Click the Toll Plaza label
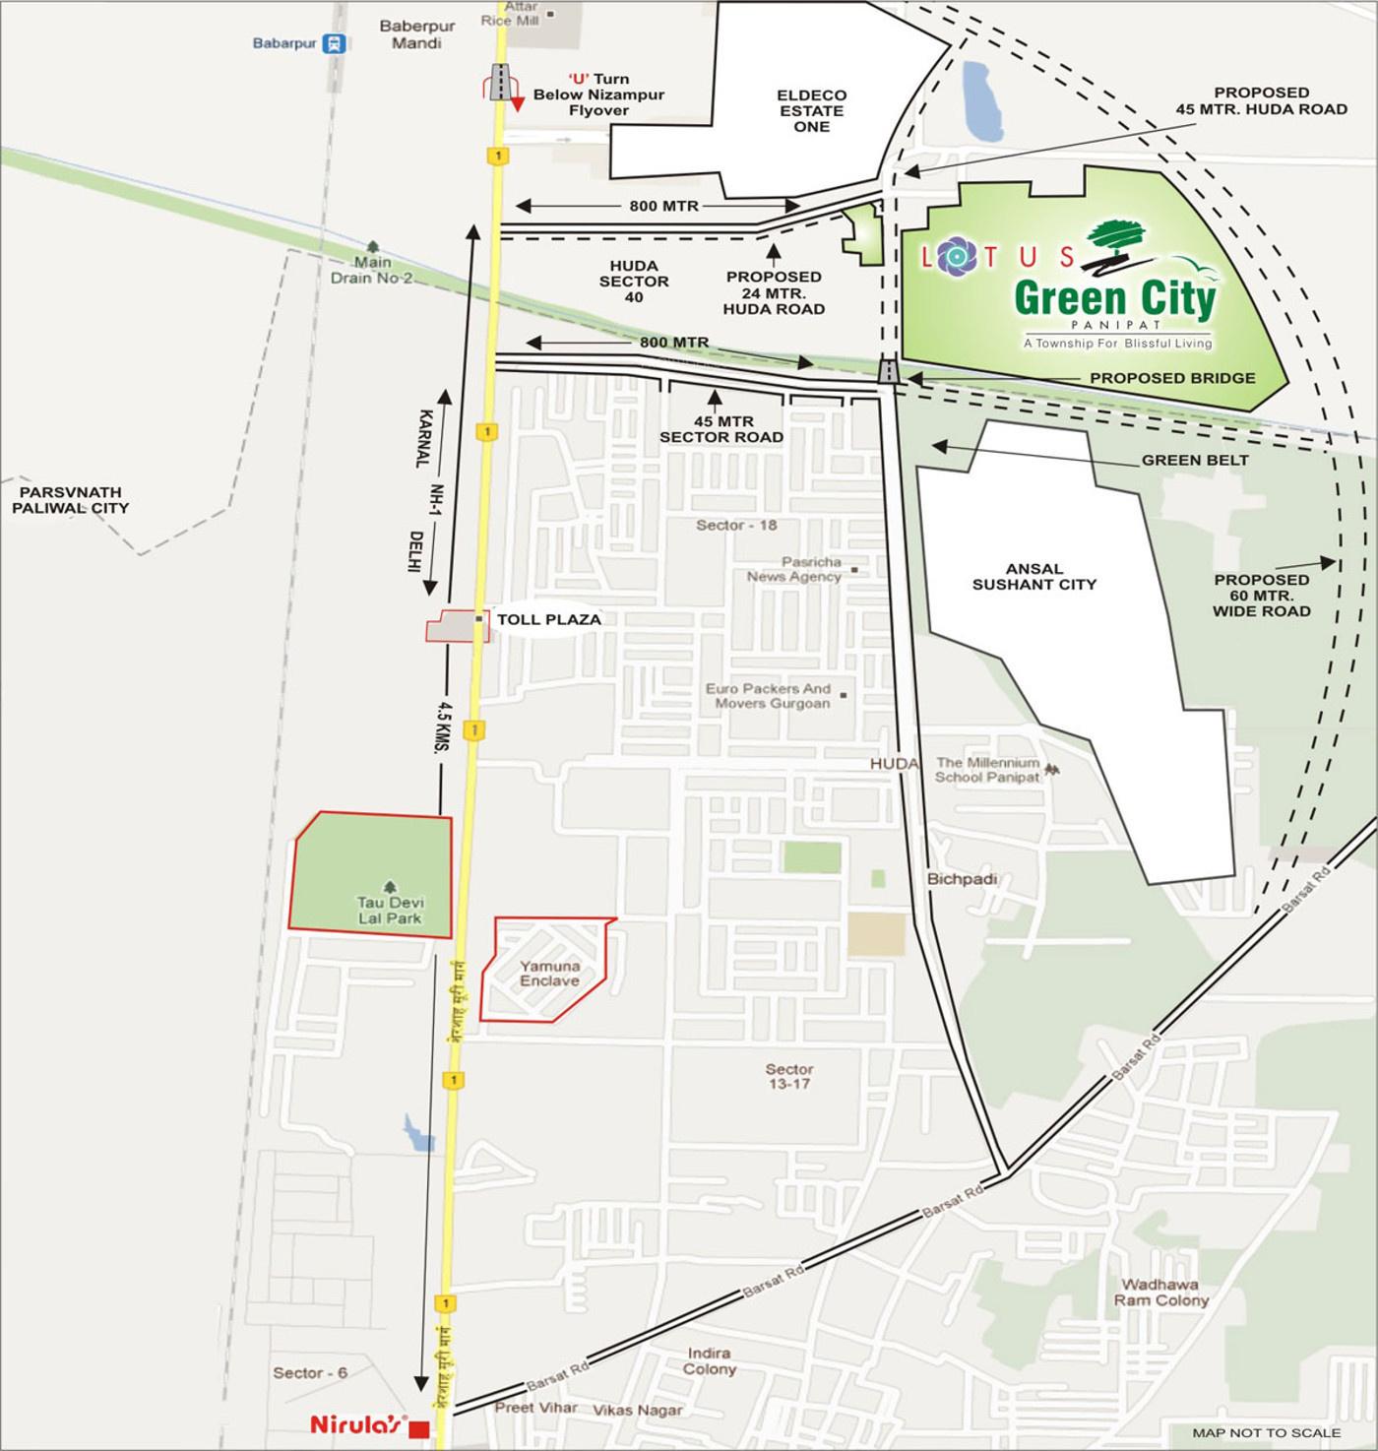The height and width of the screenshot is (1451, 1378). (548, 620)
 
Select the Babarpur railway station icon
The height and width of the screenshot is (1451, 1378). (337, 43)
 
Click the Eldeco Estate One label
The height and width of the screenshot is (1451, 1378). (811, 111)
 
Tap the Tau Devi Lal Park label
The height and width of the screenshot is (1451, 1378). (391, 911)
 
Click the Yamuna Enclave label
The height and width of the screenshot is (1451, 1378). (549, 974)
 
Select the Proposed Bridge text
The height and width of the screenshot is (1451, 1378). (1171, 378)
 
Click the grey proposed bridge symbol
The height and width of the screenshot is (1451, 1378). (889, 372)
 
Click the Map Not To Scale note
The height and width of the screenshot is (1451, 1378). (1266, 1432)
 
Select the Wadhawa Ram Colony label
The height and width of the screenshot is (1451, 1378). (1160, 1292)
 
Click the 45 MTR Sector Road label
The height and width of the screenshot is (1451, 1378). (721, 429)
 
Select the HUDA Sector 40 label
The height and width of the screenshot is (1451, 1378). (639, 282)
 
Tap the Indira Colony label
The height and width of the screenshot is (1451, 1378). (709, 1361)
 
